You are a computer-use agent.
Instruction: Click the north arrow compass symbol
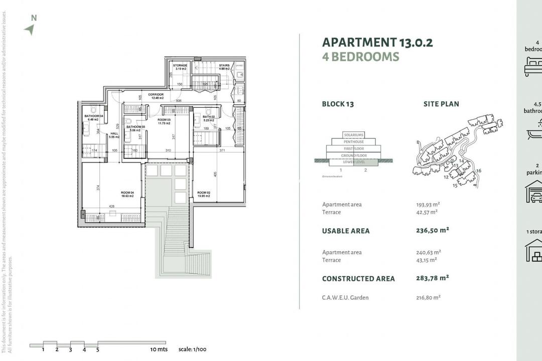coord(30,29)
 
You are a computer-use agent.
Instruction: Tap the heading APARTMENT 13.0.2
coord(377,43)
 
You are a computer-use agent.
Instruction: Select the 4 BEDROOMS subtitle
coord(360,57)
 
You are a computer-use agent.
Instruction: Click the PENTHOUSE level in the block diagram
coord(354,142)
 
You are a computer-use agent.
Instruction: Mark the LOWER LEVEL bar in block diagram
coord(354,161)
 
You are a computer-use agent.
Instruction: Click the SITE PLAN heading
coord(441,104)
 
